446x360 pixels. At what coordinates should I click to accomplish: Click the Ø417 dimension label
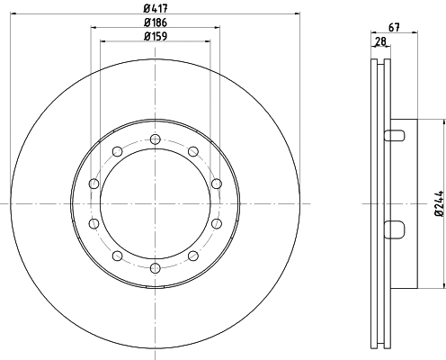click(x=156, y=6)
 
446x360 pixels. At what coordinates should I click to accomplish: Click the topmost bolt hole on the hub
click(x=156, y=139)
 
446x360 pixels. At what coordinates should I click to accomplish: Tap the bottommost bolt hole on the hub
click(x=156, y=268)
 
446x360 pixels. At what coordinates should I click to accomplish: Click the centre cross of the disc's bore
click(x=156, y=203)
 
